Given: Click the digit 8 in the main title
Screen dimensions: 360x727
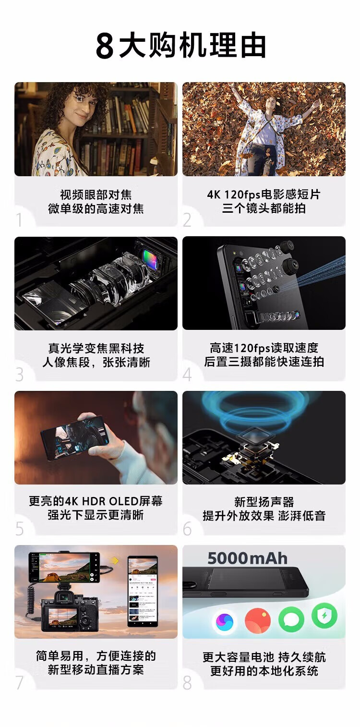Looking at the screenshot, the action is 105,46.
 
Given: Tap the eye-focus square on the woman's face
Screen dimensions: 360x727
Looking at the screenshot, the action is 79,97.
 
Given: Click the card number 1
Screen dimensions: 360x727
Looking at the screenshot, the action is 19,220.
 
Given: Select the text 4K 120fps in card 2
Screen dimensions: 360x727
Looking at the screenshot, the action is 233,194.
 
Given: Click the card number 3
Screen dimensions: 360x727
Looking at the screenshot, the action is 20,375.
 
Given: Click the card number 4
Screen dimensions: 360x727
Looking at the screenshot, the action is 187,375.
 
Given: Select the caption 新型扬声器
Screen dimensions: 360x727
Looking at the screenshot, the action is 264,502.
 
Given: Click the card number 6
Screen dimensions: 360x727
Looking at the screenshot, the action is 187,529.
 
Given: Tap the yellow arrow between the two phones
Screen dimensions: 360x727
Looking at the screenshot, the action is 115,560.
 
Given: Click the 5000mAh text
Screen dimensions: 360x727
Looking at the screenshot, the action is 248,558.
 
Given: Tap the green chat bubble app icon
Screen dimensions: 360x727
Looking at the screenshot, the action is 291,620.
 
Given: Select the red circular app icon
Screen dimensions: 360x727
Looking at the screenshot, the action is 257,620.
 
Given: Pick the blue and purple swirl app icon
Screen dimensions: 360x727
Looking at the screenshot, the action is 225,621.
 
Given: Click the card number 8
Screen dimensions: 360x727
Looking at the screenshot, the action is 187,683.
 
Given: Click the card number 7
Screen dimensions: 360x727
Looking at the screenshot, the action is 20,683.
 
